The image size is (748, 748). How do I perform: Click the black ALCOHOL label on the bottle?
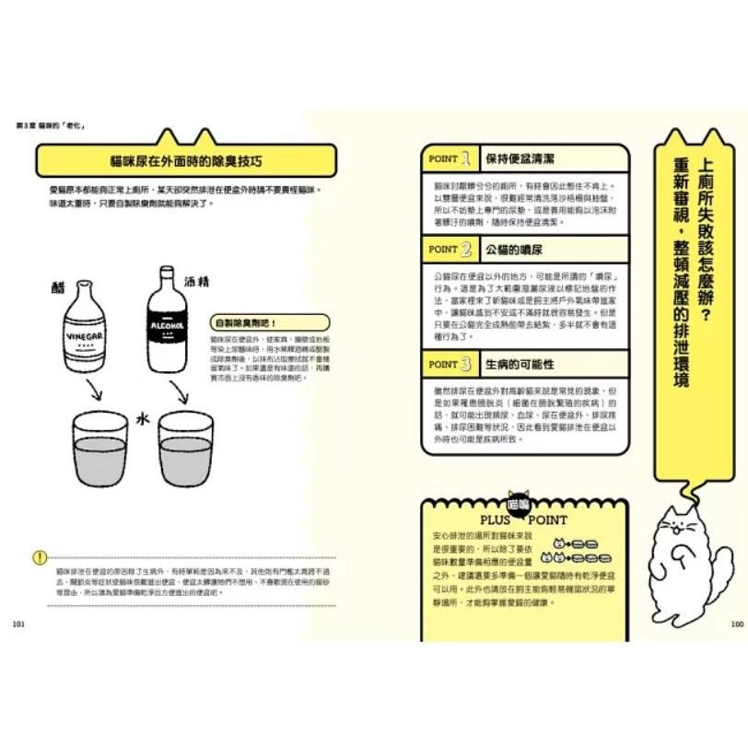pyautogui.click(x=169, y=325)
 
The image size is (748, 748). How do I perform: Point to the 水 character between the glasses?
pyautogui.click(x=142, y=416)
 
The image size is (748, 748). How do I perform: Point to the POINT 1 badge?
pyautogui.click(x=450, y=158)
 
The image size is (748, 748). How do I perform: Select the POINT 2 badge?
pyautogui.click(x=450, y=249)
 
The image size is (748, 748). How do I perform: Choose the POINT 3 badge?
pyautogui.click(x=450, y=364)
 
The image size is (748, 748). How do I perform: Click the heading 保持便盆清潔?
pyautogui.click(x=520, y=158)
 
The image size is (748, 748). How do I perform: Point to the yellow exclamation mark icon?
pyautogui.click(x=38, y=556)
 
